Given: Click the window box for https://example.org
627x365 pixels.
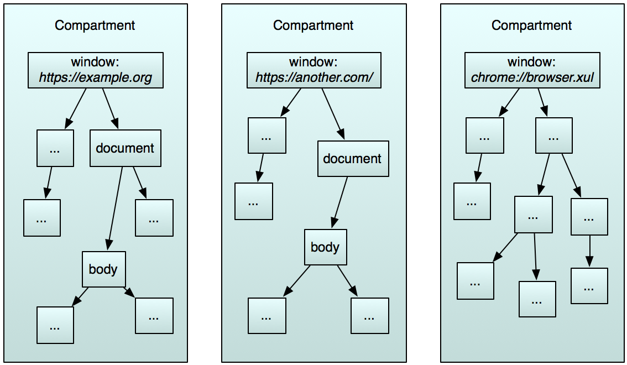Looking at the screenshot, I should (x=96, y=70).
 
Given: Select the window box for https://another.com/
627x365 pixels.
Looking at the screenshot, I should (x=313, y=70).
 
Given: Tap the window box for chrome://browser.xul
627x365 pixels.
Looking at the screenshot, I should (x=532, y=70).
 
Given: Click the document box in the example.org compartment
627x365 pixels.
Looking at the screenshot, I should (x=125, y=148).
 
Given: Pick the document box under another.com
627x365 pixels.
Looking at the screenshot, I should (x=353, y=159).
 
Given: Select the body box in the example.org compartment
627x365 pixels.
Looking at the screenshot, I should (x=103, y=269).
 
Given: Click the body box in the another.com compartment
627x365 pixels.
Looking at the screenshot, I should (x=325, y=247).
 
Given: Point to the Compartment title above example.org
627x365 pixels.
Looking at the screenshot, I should (x=95, y=25).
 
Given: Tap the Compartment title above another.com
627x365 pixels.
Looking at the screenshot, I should (x=313, y=25).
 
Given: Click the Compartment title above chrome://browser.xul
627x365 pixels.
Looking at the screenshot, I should (x=532, y=25).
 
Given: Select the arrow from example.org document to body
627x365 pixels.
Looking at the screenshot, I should (x=115, y=208).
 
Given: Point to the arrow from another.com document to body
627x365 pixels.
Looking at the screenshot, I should (x=340, y=202).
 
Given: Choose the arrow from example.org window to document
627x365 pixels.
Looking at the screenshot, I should (x=110, y=108).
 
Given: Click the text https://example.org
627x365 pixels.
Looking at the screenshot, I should (x=96, y=77).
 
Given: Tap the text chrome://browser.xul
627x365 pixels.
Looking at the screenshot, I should (x=532, y=77).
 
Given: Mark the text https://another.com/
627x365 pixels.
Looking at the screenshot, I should (x=313, y=77).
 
